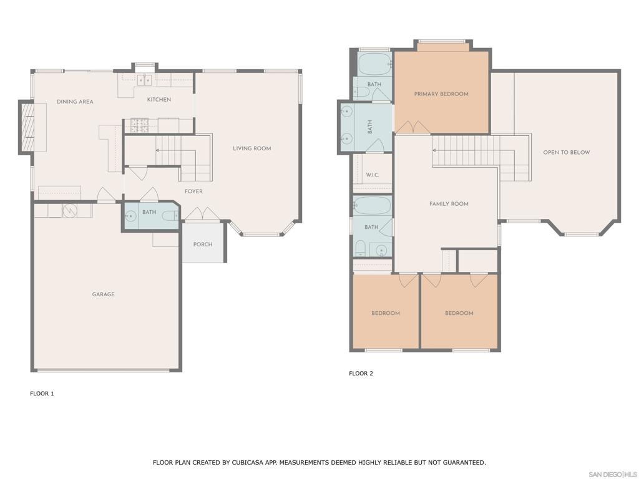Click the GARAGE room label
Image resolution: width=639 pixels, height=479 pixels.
[103, 294]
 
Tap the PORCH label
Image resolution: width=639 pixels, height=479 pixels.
[203, 244]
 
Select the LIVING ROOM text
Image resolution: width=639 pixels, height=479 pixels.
[252, 148]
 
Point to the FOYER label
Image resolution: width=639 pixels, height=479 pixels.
[193, 191]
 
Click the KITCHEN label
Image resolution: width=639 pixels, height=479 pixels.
[159, 99]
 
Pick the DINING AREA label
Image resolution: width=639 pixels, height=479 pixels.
[75, 102]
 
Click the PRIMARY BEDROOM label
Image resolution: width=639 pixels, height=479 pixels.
[441, 94]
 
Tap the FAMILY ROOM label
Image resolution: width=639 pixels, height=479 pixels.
[449, 204]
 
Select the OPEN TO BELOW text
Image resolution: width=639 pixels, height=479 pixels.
[567, 152]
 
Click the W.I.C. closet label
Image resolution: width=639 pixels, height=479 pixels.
[373, 175]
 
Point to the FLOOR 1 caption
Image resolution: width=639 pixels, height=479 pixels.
[42, 394]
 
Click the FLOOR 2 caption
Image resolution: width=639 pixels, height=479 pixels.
[361, 373]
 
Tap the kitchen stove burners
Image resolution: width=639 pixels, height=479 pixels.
[139, 125]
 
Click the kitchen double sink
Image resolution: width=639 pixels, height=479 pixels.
[144, 80]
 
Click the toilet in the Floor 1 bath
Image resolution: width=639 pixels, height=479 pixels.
[170, 216]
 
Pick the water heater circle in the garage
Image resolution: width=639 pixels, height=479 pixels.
[69, 211]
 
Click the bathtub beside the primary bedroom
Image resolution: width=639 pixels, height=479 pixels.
[374, 64]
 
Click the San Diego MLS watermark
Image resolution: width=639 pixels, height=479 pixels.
[613, 474]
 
